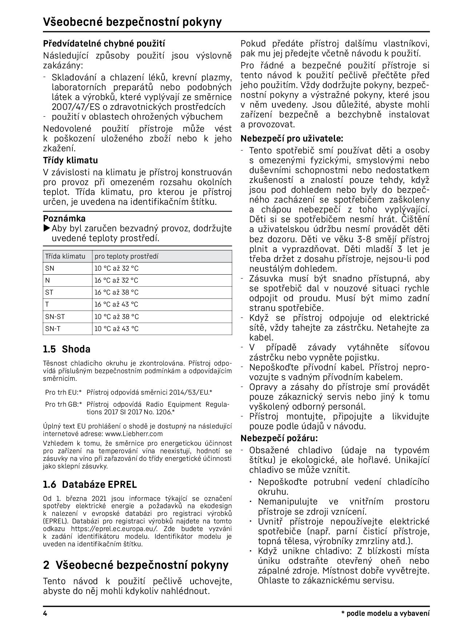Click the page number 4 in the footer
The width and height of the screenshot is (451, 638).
pos(45,613)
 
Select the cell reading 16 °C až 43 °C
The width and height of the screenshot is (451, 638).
pos(116,304)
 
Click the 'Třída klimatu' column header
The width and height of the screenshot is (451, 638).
pos(65,256)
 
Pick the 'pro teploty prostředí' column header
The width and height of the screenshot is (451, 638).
pos(126,256)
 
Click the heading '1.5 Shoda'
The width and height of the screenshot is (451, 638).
pos(67,349)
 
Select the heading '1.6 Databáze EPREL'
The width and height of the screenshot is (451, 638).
pos(90,485)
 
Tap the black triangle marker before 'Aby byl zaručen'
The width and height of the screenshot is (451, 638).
pos(47,228)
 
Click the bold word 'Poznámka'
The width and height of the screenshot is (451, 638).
pos(64,219)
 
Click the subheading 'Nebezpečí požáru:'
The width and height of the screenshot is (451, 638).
pos(279,438)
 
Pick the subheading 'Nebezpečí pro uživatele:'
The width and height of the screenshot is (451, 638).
pos(291,139)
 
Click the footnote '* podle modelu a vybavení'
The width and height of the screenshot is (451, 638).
pos(385,613)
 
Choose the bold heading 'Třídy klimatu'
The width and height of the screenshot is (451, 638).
pos(70,160)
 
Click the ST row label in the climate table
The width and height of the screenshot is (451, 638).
pos(49,292)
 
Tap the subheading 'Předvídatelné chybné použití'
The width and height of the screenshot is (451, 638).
pos(104,44)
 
